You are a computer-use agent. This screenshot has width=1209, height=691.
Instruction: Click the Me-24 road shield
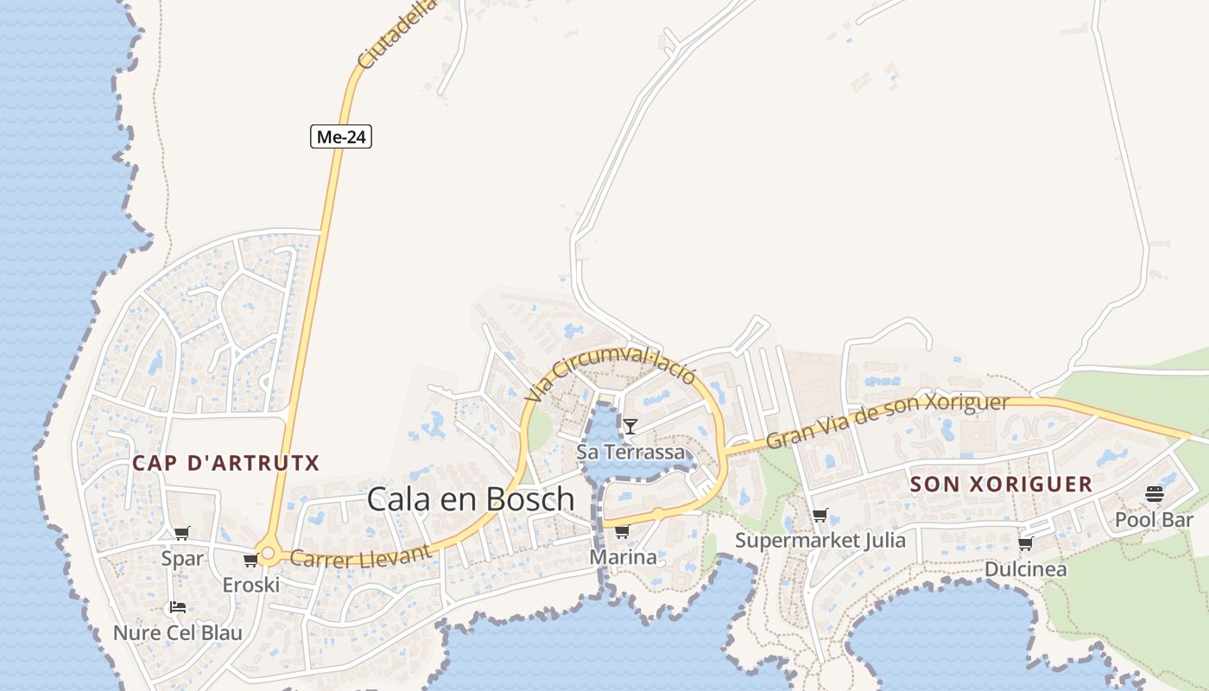click(x=341, y=136)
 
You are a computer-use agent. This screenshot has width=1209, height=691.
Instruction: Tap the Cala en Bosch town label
click(x=471, y=499)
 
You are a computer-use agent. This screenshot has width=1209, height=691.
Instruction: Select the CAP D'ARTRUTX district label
click(x=225, y=463)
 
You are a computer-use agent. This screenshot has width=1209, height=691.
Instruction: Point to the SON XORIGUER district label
click(x=1001, y=484)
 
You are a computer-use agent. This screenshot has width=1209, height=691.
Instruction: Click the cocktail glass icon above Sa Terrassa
click(x=630, y=426)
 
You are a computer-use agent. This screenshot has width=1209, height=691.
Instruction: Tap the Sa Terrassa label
click(x=630, y=452)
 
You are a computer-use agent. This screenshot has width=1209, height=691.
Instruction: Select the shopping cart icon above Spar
click(x=181, y=534)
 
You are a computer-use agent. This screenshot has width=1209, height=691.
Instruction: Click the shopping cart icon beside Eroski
click(x=250, y=561)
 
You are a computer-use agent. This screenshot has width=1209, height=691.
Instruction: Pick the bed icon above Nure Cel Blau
click(x=178, y=607)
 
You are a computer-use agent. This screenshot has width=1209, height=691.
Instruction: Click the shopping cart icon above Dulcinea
click(x=1025, y=544)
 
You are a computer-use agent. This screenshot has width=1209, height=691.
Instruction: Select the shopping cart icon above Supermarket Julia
click(x=820, y=516)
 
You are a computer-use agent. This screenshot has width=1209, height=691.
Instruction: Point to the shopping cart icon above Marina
click(x=622, y=531)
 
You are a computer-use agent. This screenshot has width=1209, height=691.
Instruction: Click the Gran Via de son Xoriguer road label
click(x=887, y=422)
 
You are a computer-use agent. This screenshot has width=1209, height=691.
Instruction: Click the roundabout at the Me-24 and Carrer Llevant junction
click(x=268, y=554)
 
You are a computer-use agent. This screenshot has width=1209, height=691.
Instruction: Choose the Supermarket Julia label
click(x=820, y=541)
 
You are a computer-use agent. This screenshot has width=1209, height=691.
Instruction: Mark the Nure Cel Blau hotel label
click(x=178, y=633)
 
